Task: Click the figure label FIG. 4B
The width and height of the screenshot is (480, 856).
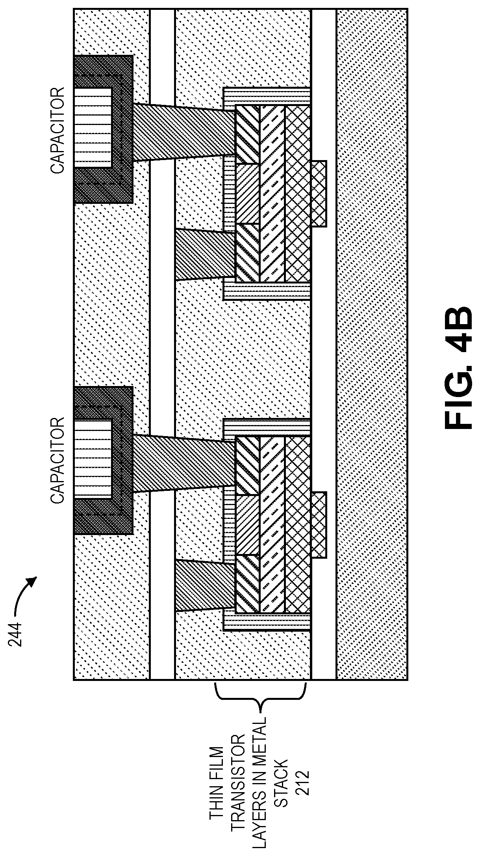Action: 458,367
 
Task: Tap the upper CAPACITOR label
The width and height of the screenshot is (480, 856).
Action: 57,130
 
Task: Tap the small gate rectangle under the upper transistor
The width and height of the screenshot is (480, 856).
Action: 319,194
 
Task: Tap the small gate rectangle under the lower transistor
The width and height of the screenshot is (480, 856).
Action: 319,525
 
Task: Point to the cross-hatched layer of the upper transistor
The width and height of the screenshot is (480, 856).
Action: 297,193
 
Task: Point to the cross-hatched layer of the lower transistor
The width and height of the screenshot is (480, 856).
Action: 297,524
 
